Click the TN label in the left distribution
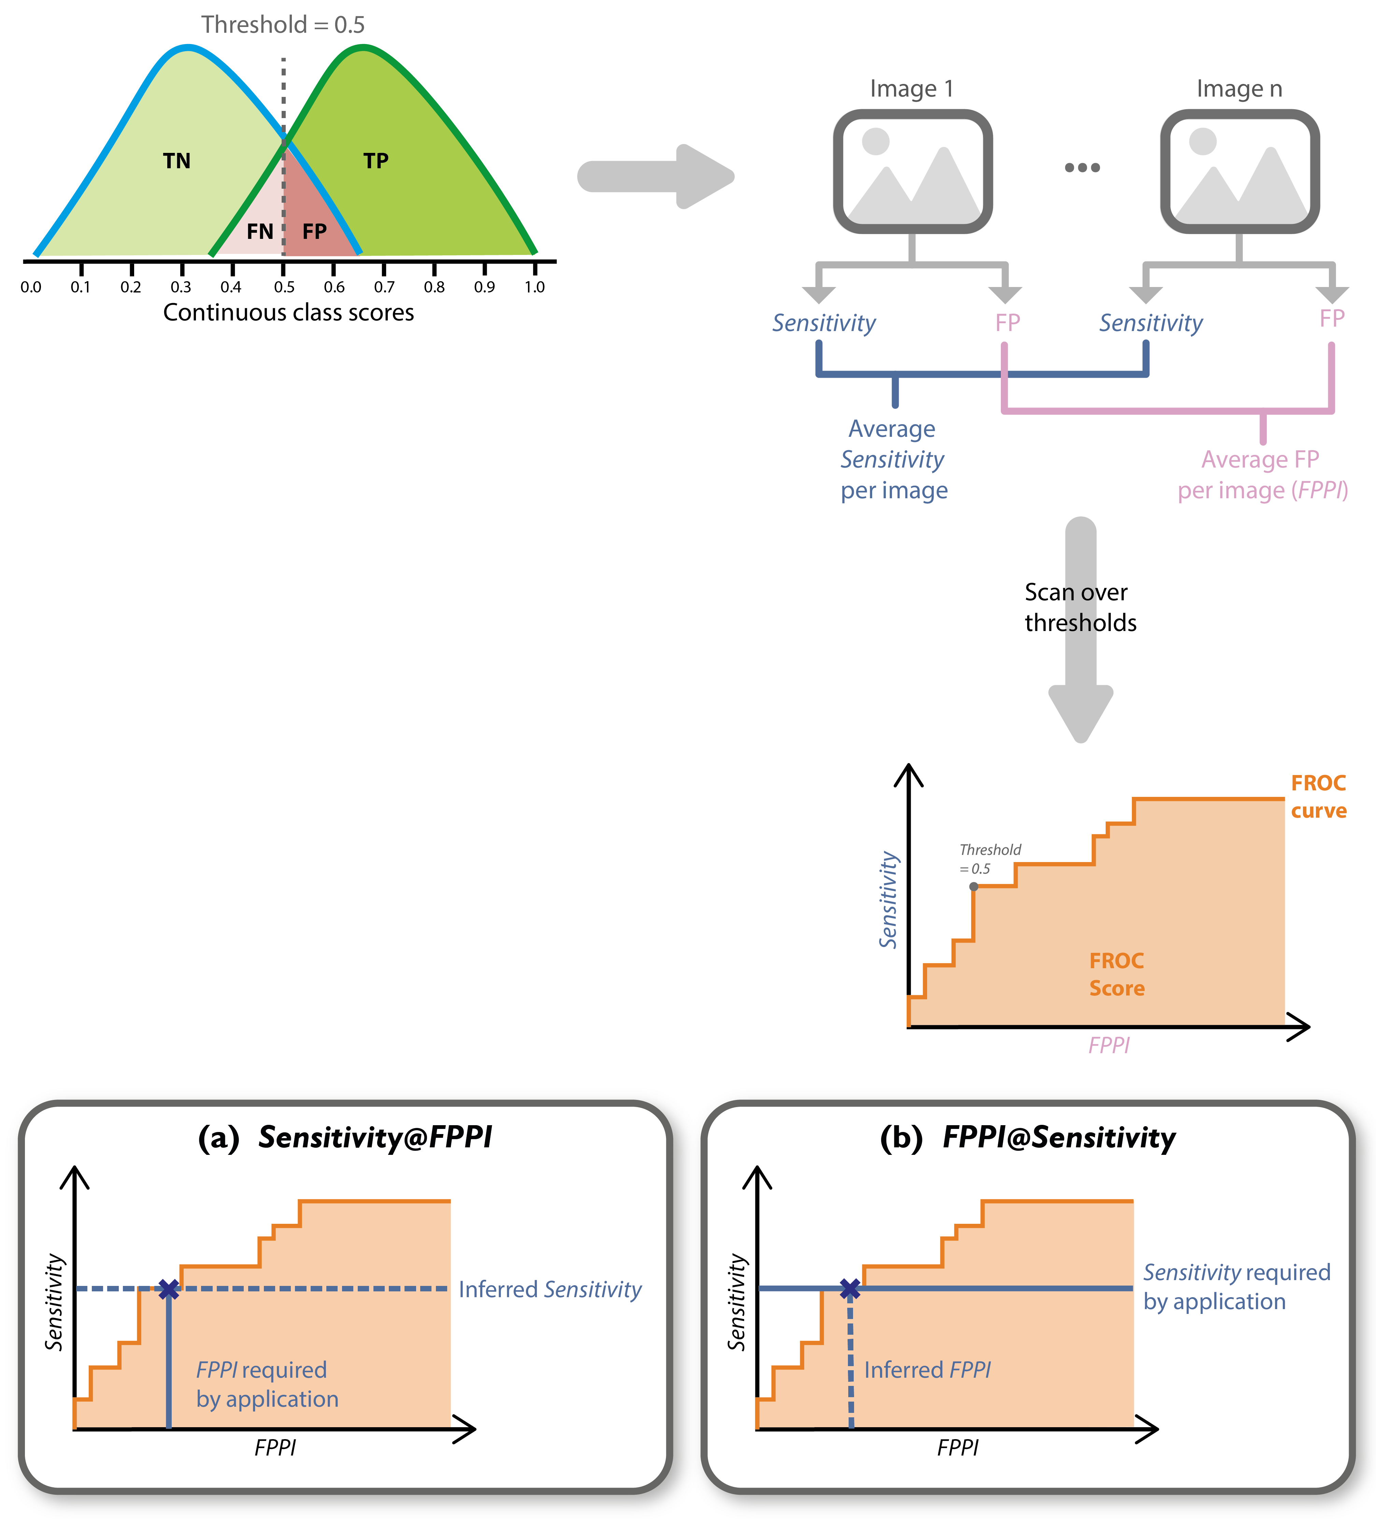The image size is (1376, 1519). click(x=177, y=160)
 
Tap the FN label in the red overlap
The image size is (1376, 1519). click(x=260, y=231)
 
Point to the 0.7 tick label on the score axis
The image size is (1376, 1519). click(x=384, y=287)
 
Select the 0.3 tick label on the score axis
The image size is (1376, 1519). click(x=181, y=287)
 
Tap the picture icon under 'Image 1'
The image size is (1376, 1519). click(x=912, y=171)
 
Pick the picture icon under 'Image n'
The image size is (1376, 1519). click(x=1239, y=171)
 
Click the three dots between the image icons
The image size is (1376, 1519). click(x=1082, y=167)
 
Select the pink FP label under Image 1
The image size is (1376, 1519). click(x=1008, y=323)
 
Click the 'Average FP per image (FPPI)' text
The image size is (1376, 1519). click(x=1262, y=475)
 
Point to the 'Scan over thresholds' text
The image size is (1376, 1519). click(x=1080, y=607)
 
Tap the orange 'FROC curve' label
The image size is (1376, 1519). click(x=1319, y=797)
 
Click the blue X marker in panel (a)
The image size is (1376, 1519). click(x=169, y=1289)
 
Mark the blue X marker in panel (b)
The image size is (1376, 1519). click(x=850, y=1289)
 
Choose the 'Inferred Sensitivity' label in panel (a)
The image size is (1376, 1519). click(x=550, y=1289)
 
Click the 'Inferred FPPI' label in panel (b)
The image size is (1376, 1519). click(x=927, y=1370)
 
